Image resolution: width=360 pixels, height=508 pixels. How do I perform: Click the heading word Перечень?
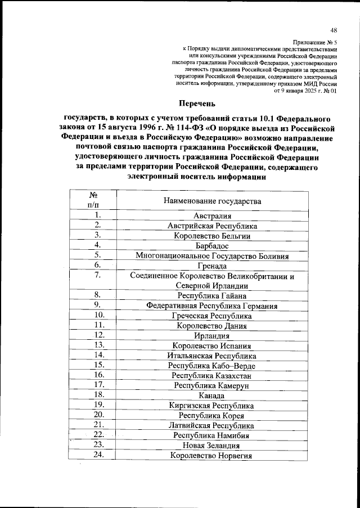(196, 103)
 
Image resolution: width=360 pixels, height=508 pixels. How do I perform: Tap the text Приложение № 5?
(315, 42)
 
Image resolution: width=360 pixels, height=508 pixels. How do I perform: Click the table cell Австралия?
(212, 215)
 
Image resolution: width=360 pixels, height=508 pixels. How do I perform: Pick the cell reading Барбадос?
(212, 246)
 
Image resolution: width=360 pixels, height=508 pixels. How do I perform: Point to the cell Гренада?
(212, 266)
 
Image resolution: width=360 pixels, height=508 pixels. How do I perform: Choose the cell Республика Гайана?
(212, 295)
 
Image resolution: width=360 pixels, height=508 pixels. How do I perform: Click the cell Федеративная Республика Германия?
(212, 306)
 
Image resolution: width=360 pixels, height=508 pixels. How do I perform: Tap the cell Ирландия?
(212, 336)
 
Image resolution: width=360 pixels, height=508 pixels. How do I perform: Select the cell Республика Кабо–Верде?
(212, 366)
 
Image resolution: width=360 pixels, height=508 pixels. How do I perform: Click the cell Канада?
(212, 395)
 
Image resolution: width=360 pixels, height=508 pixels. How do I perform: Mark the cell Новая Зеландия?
(212, 445)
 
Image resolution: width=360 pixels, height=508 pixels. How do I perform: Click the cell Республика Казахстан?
(212, 375)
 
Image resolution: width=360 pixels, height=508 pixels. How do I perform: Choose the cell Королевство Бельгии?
(212, 236)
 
